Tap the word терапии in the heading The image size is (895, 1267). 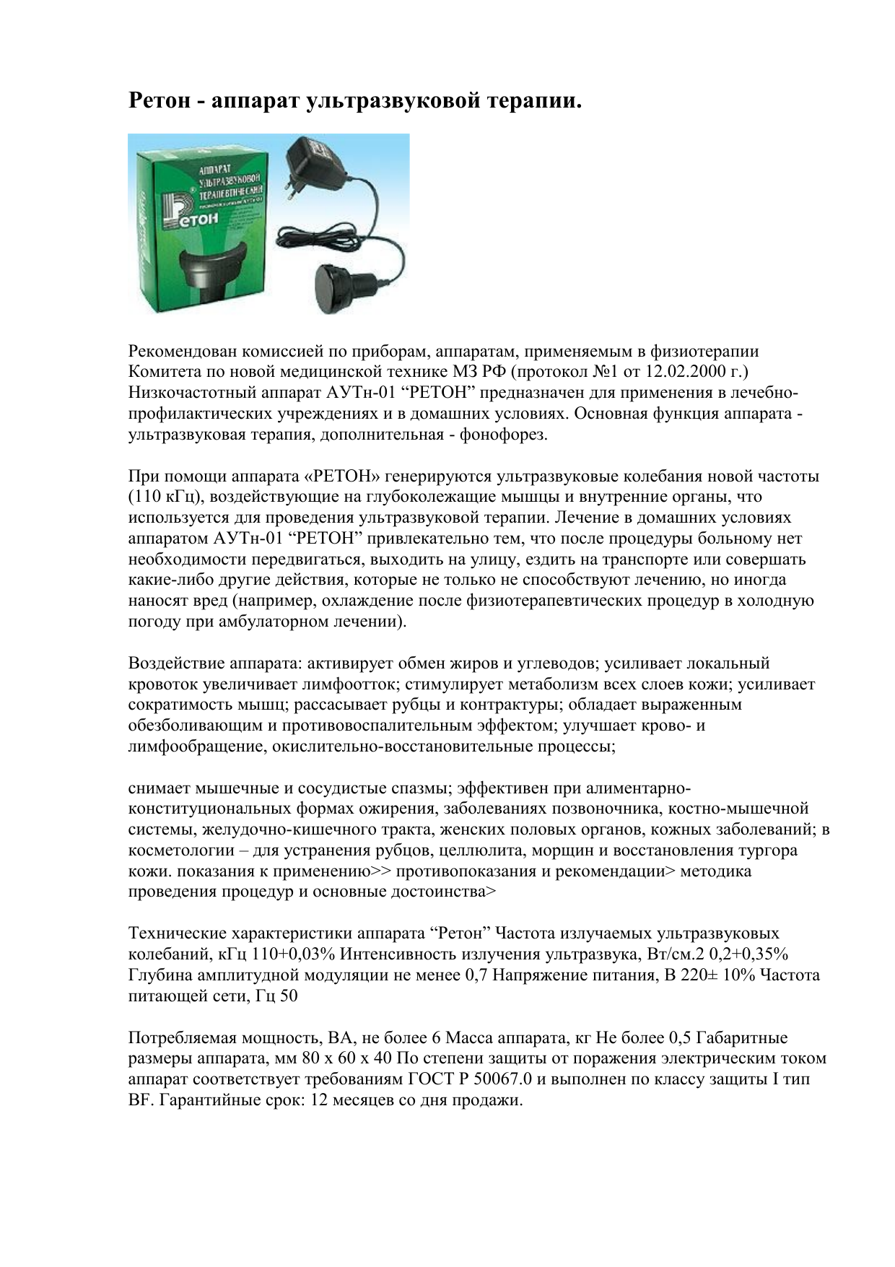click(533, 101)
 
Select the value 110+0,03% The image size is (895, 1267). click(293, 954)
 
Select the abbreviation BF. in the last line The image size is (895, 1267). click(141, 1100)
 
